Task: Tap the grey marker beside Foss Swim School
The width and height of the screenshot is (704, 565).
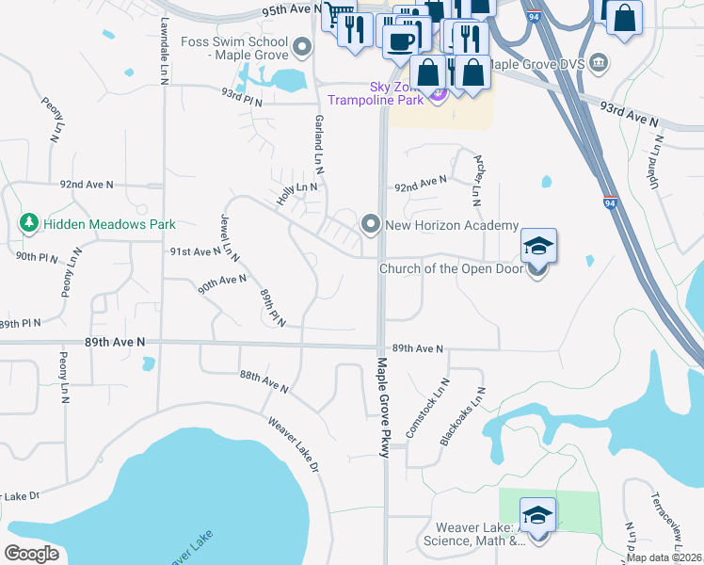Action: [x=302, y=45]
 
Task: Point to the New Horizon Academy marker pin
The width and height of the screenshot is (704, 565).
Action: [x=371, y=224]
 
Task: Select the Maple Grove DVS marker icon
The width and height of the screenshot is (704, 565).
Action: [x=602, y=64]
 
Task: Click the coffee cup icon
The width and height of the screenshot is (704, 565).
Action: [x=401, y=40]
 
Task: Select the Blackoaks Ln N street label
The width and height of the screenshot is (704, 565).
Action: [x=462, y=416]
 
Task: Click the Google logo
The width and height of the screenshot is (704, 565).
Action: [x=31, y=554]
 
